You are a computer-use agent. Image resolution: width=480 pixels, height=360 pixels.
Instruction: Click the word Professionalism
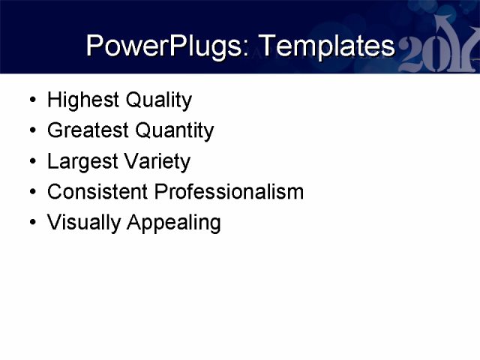(x=229, y=192)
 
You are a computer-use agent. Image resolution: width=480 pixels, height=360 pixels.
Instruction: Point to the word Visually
(x=83, y=223)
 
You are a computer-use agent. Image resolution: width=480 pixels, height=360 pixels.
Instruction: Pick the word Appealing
(x=173, y=223)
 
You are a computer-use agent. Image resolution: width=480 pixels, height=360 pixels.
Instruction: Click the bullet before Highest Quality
(x=30, y=100)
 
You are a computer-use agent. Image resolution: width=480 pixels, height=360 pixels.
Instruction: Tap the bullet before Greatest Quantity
(x=30, y=131)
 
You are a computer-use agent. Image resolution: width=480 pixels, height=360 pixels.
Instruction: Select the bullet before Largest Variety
(x=30, y=162)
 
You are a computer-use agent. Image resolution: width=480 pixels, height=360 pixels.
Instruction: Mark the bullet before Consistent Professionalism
(x=30, y=193)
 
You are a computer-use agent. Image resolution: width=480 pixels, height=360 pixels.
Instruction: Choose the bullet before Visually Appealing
(x=30, y=223)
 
